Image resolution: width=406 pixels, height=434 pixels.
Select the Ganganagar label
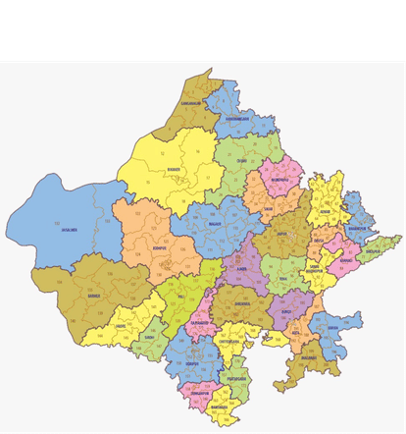click(x=190, y=101)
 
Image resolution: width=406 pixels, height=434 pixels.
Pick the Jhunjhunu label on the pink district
click(x=281, y=181)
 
